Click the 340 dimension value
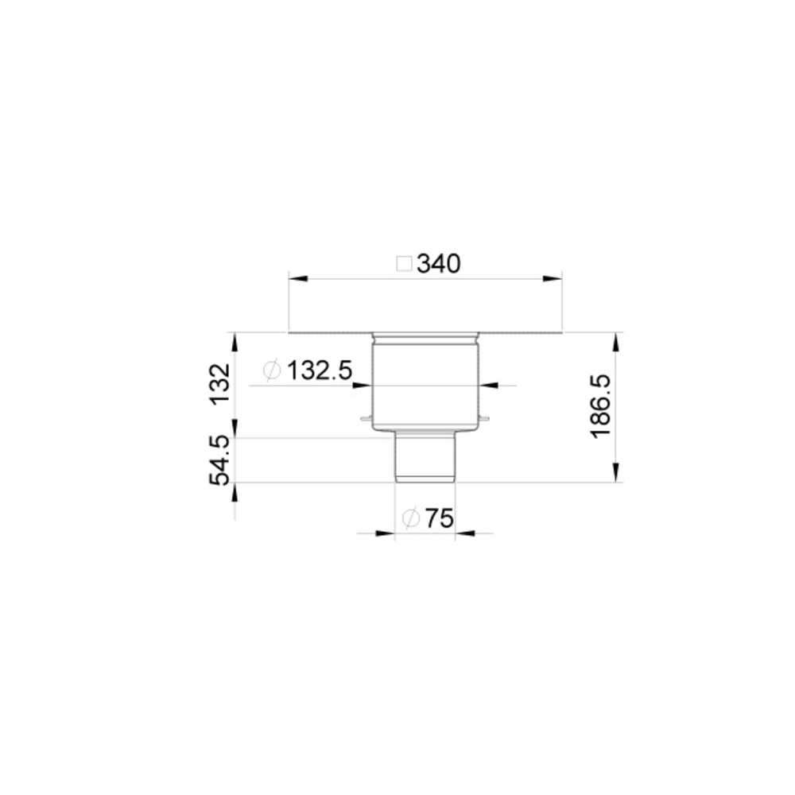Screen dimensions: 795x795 (439, 264)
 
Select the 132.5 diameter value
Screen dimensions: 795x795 (320, 370)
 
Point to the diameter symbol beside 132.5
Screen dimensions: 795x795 (272, 370)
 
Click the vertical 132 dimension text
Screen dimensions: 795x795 (220, 384)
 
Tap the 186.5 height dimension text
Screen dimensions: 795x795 (601, 406)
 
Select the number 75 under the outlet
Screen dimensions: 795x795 (439, 518)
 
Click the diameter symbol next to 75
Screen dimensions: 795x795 (411, 518)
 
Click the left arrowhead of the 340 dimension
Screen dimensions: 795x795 (298, 278)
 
